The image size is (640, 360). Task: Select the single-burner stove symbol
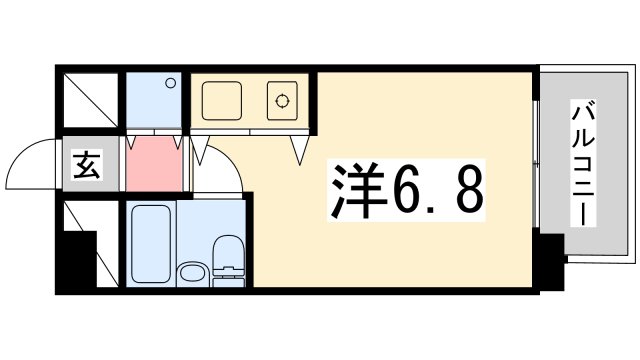tap(284, 100)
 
